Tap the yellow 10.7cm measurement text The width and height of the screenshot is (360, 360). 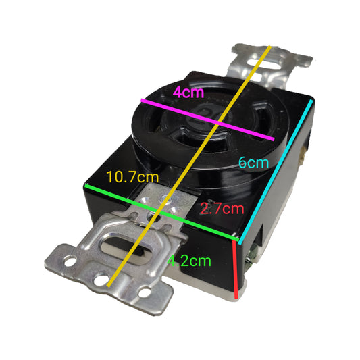134,177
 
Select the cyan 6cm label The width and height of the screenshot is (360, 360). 254,163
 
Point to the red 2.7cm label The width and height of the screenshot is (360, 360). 222,209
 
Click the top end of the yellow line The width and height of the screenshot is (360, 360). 271,46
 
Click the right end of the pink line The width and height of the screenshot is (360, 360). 274,140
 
